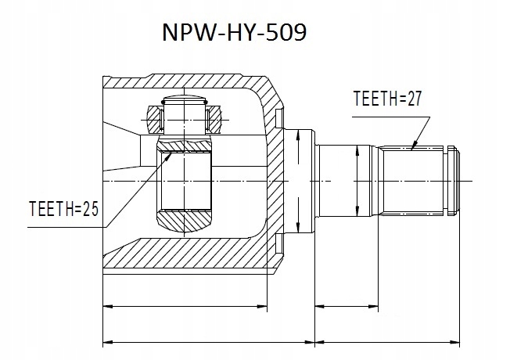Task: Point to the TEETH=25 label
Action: click(x=63, y=211)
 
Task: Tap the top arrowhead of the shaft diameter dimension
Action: click(x=357, y=148)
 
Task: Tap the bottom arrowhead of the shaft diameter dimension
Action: click(x=357, y=213)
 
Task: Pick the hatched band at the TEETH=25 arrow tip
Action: click(x=186, y=145)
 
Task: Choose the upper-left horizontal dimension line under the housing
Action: click(x=185, y=304)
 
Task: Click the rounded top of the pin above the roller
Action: click(x=185, y=100)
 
